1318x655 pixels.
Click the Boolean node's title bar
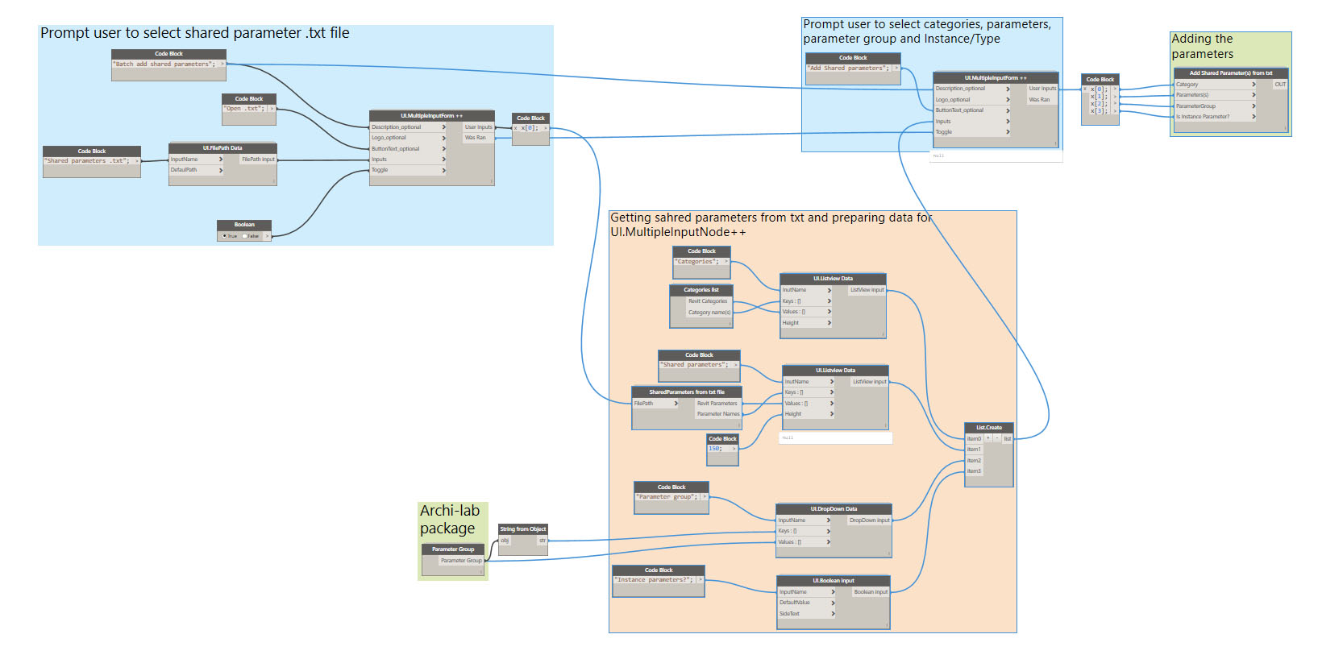tap(244, 225)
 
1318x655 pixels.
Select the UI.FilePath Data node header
tap(222, 148)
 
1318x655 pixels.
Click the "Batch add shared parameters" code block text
tap(164, 64)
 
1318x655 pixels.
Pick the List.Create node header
tap(989, 428)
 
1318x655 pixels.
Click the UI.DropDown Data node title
tap(834, 509)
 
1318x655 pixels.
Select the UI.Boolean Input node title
tap(834, 581)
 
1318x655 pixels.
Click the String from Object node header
tap(523, 529)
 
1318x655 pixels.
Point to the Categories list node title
tap(701, 290)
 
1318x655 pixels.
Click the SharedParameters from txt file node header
tap(687, 392)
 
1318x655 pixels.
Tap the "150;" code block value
tap(715, 449)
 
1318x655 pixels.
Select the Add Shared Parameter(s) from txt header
tap(1231, 73)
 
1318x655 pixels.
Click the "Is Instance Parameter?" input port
tap(1203, 117)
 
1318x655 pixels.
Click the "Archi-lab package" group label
tap(449, 520)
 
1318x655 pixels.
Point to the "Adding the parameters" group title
tap(1202, 47)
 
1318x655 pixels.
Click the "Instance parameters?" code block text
tap(654, 580)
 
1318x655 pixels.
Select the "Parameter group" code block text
tap(667, 497)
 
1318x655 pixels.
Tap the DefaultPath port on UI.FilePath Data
tap(184, 170)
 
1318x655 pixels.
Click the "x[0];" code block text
tap(529, 128)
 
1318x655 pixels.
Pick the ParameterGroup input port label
tap(1195, 106)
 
